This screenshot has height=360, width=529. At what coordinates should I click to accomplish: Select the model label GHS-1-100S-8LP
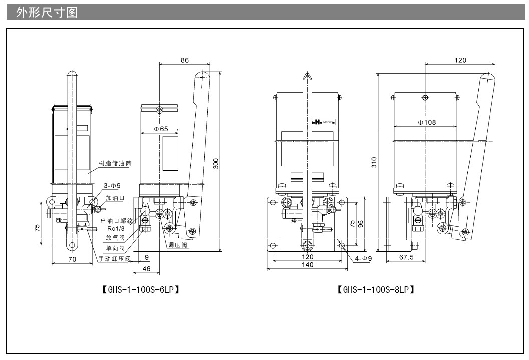[x=376, y=289]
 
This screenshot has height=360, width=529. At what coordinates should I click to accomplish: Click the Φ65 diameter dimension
[x=161, y=129]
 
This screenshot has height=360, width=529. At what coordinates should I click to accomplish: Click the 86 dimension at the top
[x=184, y=60]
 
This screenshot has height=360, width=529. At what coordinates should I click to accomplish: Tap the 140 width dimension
[x=308, y=265]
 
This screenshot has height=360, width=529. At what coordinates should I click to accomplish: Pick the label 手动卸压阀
[x=114, y=259]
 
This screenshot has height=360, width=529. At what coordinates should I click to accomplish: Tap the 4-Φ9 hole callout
[x=363, y=258]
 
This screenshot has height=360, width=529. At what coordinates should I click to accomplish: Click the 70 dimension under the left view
[x=72, y=259]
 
